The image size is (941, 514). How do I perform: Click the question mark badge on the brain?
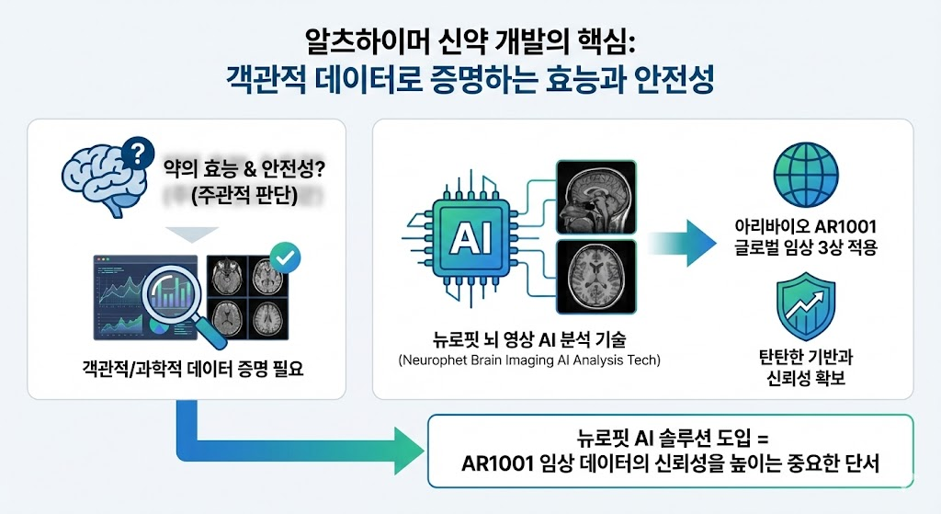[137, 154]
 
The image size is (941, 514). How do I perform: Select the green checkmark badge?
[285, 257]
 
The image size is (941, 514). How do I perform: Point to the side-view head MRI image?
[595, 197]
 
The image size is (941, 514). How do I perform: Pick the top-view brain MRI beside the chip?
[595, 276]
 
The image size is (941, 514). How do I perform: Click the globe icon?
[806, 176]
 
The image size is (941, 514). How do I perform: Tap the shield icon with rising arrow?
[806, 306]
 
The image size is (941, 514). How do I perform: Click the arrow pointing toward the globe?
[681, 243]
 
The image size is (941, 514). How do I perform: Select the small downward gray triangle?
[192, 234]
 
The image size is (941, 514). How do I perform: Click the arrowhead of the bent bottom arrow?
[407, 450]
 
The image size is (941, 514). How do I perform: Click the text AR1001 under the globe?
[847, 227]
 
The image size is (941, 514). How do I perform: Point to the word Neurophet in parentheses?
[429, 360]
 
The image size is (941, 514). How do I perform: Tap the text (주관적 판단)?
[244, 196]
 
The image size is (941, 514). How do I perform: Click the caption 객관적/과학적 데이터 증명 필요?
[193, 368]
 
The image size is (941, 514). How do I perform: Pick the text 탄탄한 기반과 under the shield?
[806, 357]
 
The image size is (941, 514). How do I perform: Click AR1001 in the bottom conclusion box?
[498, 463]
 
